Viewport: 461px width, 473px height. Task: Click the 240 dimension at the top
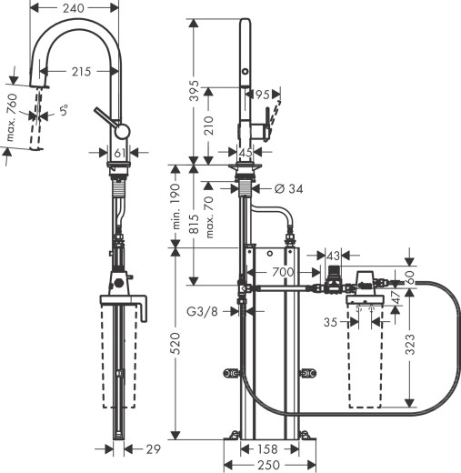(x=75, y=7)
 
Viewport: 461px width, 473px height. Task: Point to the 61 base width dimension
(x=120, y=153)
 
